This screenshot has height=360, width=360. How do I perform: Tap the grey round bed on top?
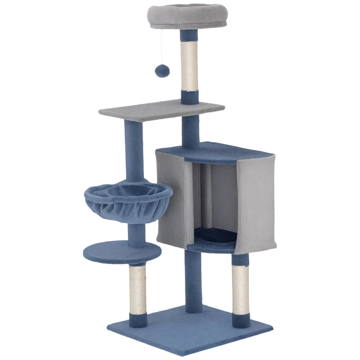(x=188, y=16)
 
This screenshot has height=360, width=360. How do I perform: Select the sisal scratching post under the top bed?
(x=189, y=65)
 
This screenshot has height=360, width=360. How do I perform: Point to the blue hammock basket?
(x=128, y=200)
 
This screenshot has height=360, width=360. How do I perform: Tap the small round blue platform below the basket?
(x=122, y=252)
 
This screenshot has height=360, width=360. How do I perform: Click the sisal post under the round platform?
(x=137, y=288)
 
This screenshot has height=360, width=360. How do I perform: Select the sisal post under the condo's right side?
(x=240, y=288)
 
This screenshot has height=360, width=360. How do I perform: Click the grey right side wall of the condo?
(x=256, y=202)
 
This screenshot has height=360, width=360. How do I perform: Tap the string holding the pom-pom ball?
(x=162, y=45)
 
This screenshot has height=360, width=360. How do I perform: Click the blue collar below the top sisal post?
(x=189, y=96)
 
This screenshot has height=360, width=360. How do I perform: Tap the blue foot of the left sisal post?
(x=137, y=320)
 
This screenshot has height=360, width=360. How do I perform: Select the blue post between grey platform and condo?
(x=191, y=130)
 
